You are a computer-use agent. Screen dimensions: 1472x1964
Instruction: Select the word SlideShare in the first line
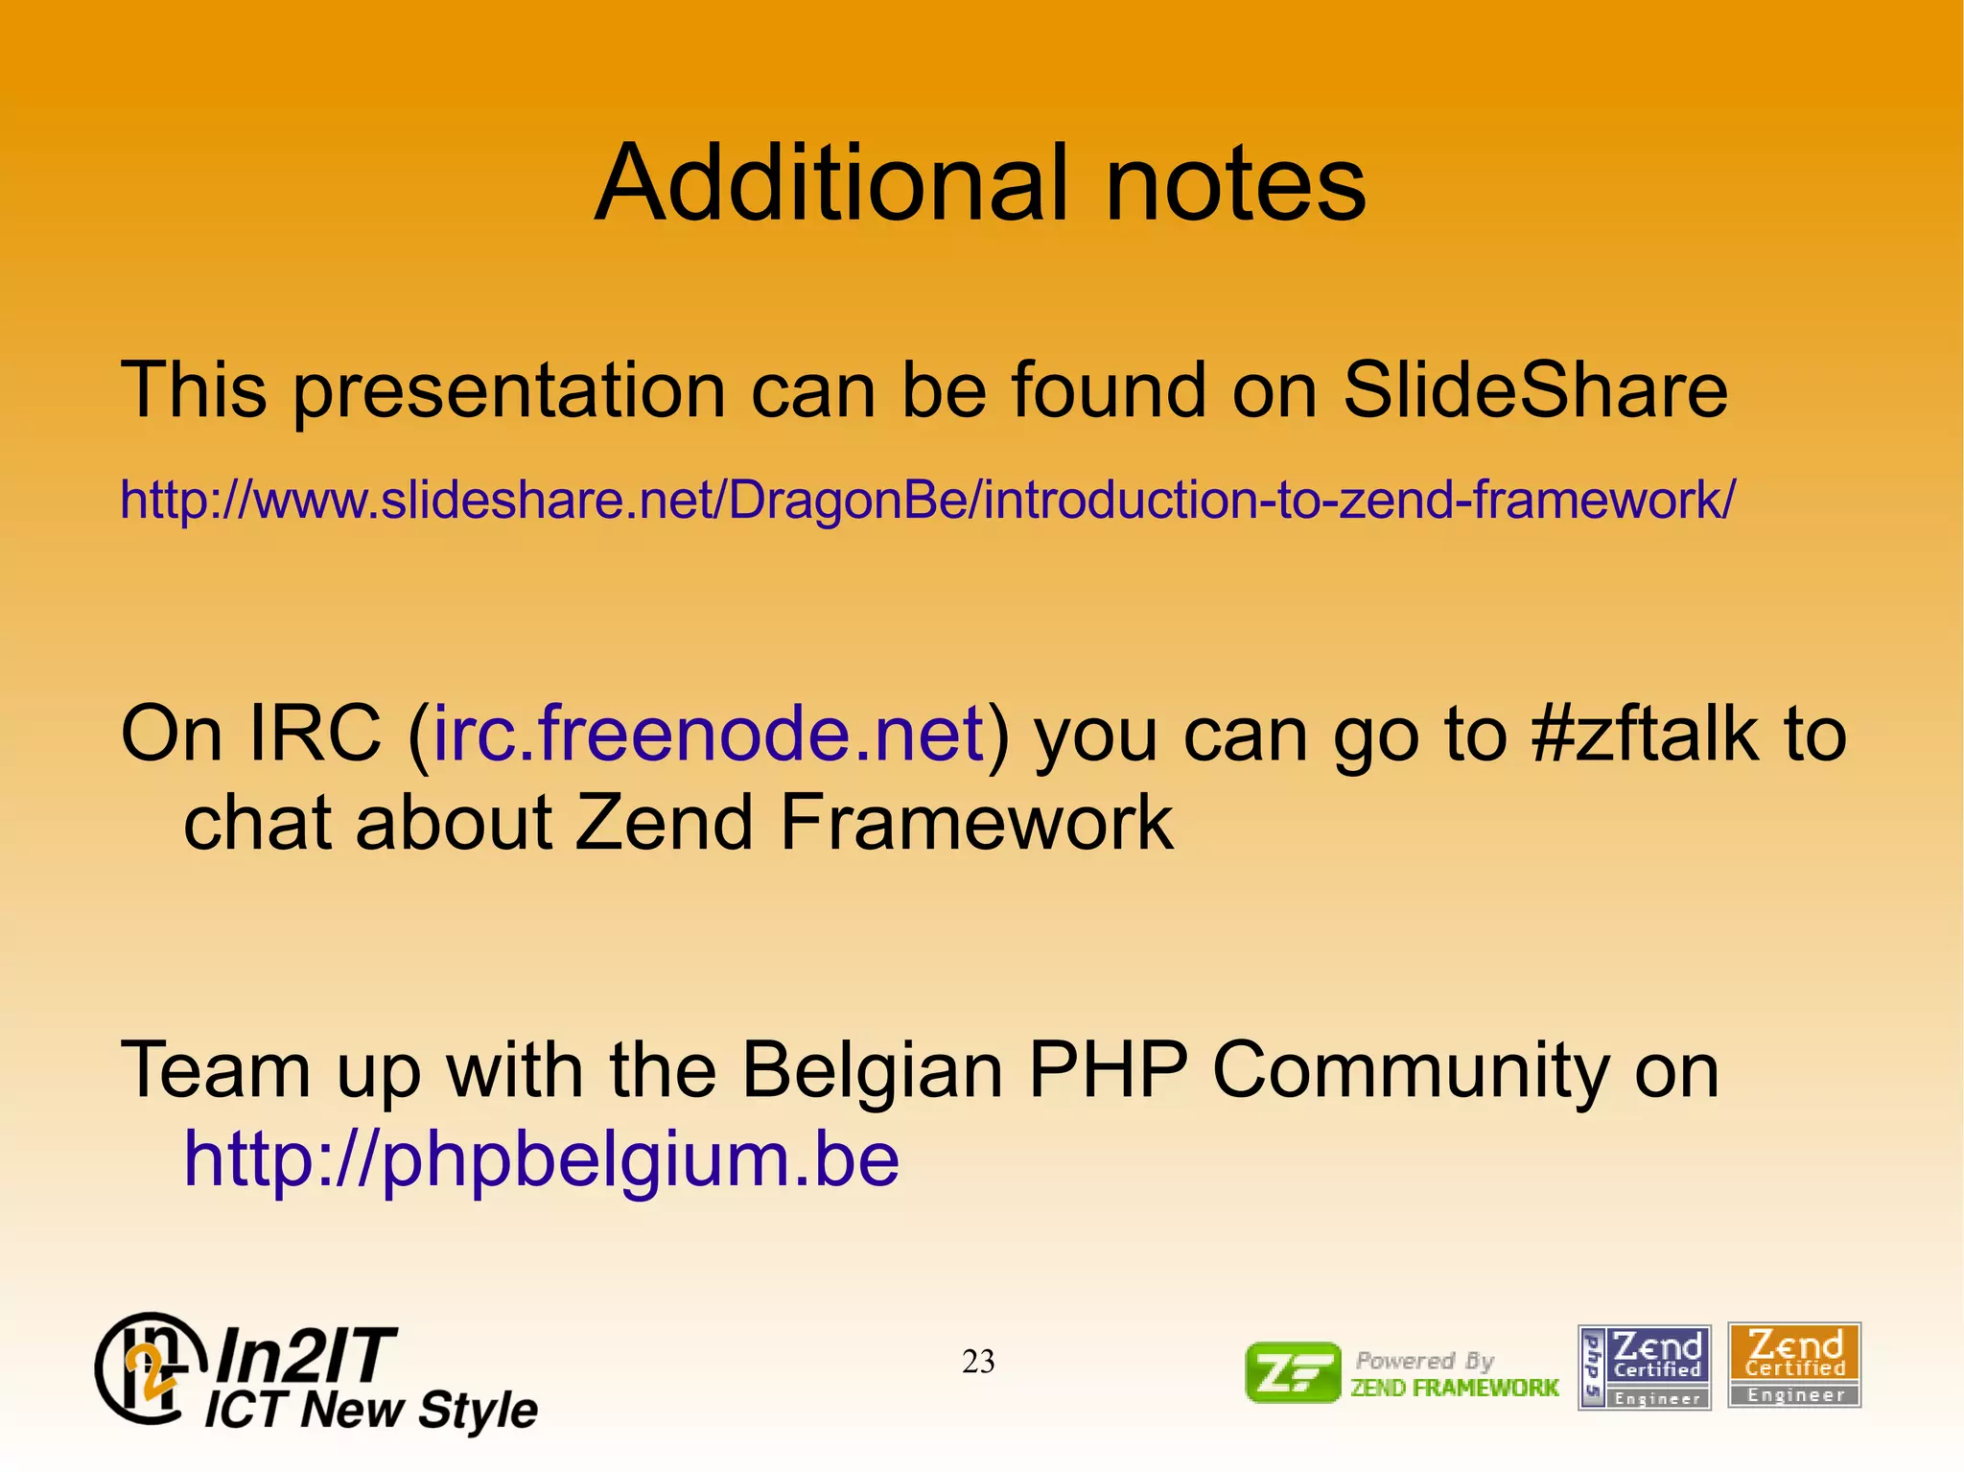point(1534,390)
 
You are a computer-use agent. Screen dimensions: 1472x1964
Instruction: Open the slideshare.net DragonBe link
point(926,500)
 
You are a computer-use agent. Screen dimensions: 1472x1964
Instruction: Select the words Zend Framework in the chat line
point(873,823)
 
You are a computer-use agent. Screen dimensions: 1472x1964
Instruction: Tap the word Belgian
point(872,1070)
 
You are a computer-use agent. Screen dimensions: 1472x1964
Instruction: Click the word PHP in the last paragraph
point(1107,1070)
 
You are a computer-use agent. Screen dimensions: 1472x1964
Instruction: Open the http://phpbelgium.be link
point(542,1158)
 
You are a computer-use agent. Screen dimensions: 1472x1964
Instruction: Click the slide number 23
point(978,1362)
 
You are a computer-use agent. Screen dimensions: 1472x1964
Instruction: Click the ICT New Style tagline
point(371,1410)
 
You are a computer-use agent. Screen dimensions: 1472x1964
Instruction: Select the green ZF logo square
point(1293,1372)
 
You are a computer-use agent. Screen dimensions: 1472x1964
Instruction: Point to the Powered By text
point(1425,1360)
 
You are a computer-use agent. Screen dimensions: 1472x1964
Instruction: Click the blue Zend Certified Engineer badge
point(1645,1367)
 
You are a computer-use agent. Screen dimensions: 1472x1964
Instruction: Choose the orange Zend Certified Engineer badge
point(1794,1365)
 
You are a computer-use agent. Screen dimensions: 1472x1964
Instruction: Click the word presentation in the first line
point(508,390)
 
